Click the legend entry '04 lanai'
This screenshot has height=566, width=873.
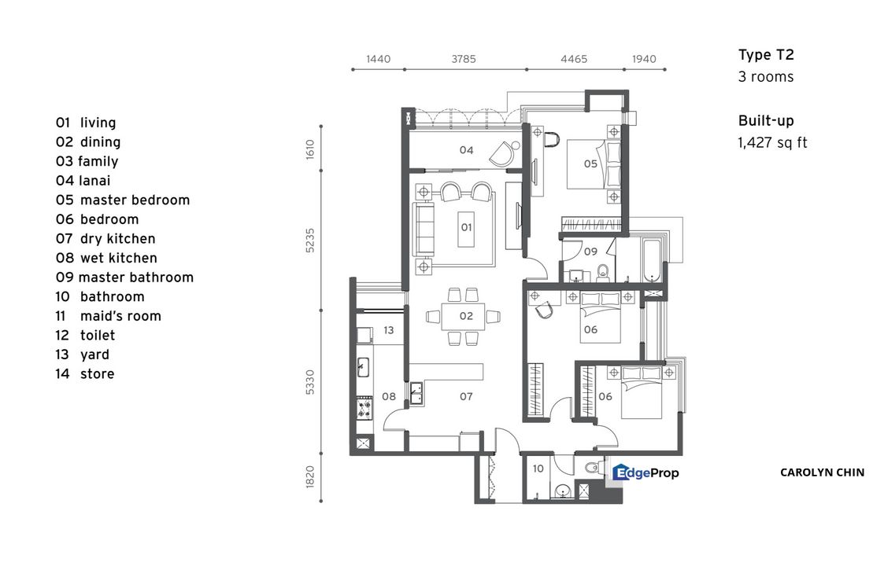83,181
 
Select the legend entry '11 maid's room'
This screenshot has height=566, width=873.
108,316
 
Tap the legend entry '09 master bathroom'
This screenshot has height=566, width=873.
124,277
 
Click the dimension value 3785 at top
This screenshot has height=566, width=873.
463,60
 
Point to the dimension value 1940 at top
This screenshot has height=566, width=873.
644,60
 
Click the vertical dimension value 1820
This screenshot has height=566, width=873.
310,476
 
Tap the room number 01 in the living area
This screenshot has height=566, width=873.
465,227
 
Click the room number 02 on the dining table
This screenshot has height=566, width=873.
465,316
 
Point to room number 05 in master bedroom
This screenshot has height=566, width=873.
590,164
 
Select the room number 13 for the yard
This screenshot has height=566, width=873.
388,331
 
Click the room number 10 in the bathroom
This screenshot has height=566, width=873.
538,469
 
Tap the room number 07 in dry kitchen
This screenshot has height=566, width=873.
466,397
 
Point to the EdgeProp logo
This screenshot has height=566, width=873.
646,472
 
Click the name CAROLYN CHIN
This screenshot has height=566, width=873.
822,472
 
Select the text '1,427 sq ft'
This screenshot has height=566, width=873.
772,143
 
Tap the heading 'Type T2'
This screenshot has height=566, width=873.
766,55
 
